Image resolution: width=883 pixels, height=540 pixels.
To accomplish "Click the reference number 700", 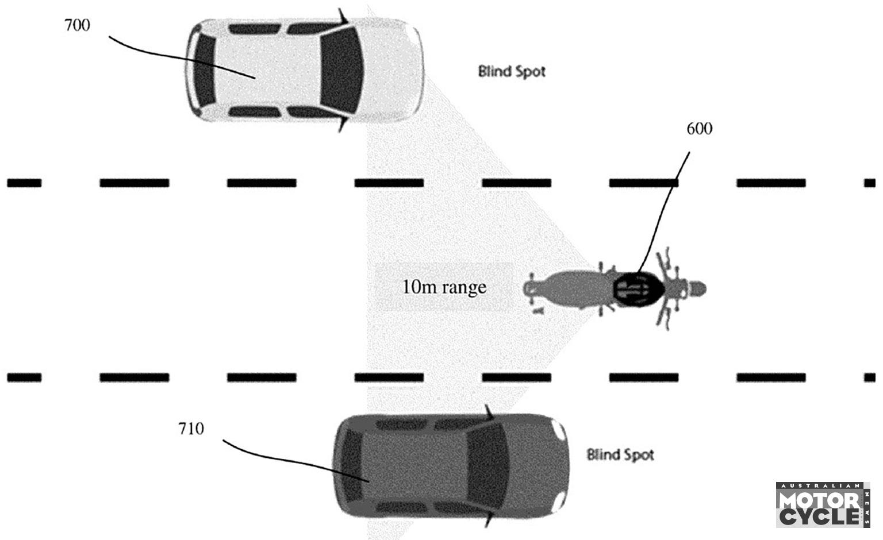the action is [77, 25].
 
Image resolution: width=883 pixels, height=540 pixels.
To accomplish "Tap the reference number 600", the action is [699, 129].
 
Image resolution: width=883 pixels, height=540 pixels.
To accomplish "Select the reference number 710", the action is [191, 429].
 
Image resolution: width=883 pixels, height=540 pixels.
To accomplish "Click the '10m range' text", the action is [444, 287].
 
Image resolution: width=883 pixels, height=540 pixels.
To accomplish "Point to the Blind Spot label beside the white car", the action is [512, 72].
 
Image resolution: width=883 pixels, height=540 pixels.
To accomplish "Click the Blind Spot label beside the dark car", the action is [620, 454].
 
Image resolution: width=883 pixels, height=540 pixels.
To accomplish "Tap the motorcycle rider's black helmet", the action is [639, 290].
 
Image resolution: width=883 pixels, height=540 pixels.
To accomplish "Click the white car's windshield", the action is [341, 70].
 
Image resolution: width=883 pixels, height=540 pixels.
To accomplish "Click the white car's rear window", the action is [205, 70].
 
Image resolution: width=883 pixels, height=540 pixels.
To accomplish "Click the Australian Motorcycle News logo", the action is [823, 505].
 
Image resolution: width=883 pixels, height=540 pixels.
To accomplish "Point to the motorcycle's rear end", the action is [530, 290].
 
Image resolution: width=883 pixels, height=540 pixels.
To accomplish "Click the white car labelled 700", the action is [304, 70].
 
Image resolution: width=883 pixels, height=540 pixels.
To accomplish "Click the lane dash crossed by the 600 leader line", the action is [643, 183].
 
